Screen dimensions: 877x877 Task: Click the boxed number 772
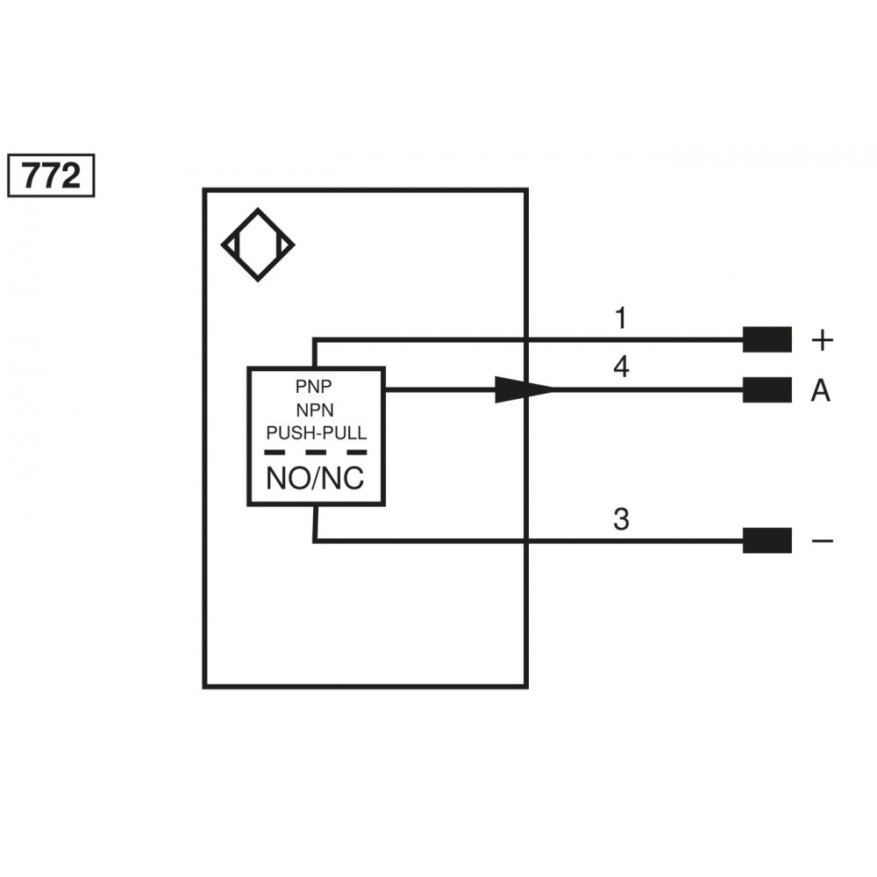[51, 175]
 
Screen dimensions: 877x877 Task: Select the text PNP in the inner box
[314, 386]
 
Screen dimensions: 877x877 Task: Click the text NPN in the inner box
[315, 410]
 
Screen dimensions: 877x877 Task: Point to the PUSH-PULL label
[317, 433]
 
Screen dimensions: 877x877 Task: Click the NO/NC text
[316, 478]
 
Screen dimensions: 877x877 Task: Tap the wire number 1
[621, 317]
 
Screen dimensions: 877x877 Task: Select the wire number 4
[622, 367]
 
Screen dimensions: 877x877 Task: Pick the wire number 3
[622, 519]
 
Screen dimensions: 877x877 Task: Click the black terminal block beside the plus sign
[766, 339]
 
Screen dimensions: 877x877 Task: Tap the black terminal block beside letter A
[766, 390]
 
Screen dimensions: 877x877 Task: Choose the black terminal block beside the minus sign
[766, 540]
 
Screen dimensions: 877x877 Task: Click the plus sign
[823, 340]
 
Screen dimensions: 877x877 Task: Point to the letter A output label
[821, 390]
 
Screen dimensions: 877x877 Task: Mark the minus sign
[823, 540]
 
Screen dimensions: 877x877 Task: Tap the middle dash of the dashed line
[316, 452]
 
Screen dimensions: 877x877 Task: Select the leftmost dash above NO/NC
[275, 452]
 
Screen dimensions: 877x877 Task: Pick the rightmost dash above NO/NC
[357, 452]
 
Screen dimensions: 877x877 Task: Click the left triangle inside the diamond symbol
[232, 245]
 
